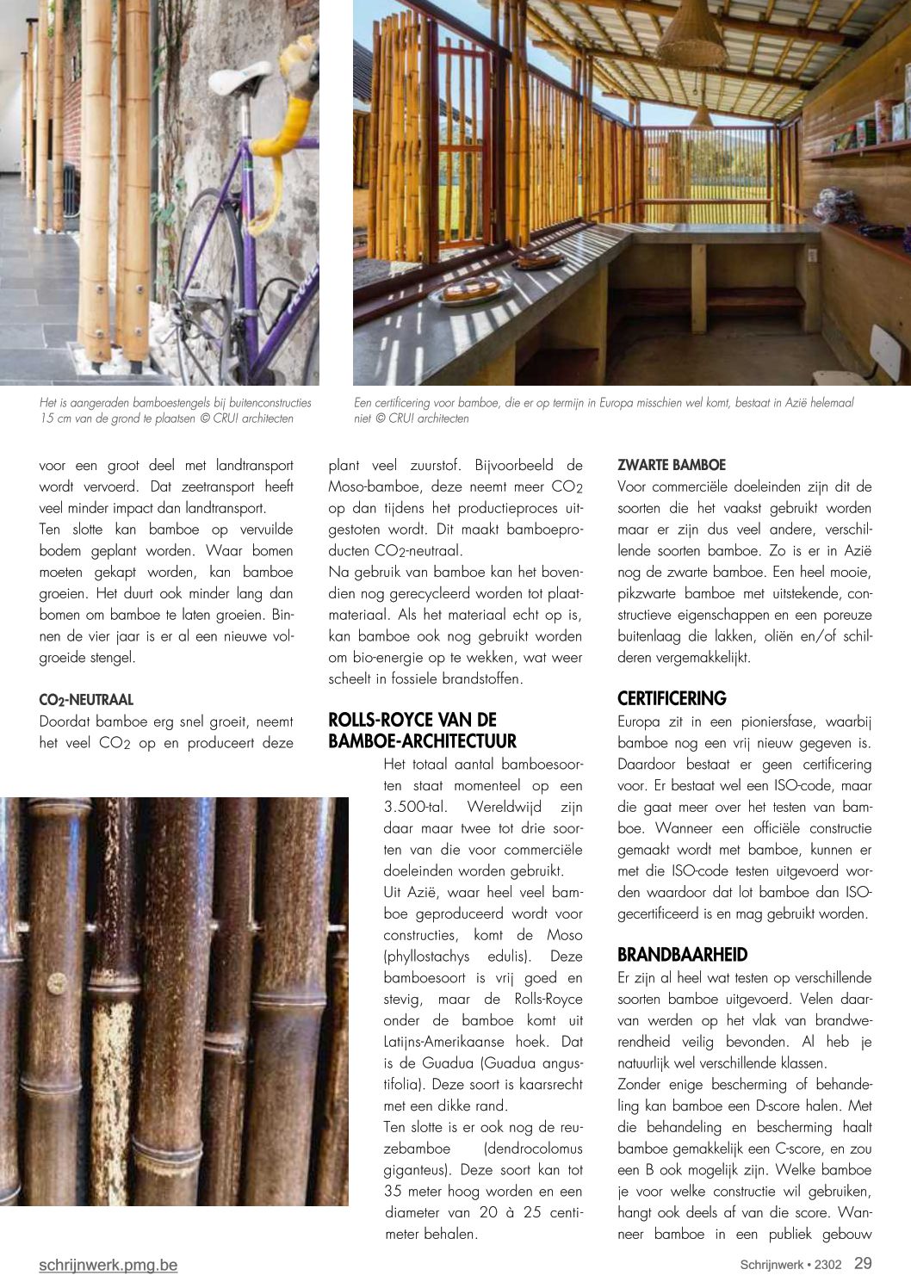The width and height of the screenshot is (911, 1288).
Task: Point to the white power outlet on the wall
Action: (810, 254)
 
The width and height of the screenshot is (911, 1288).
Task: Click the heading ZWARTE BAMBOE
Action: (672, 465)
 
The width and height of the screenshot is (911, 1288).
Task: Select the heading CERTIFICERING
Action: (672, 698)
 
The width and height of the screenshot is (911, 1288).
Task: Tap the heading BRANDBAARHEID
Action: (682, 955)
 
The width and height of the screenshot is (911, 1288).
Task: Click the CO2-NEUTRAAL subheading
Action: (86, 700)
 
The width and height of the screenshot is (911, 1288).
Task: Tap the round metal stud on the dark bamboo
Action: (57, 983)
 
